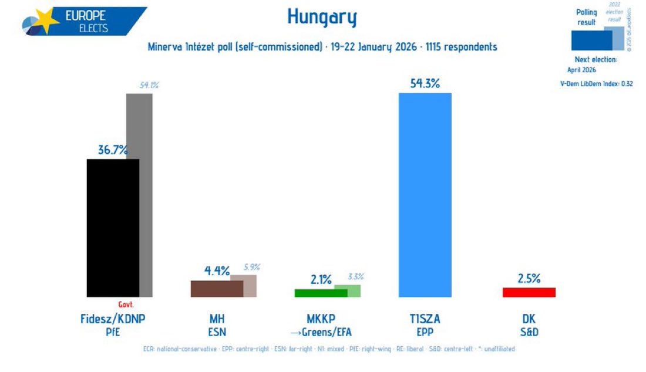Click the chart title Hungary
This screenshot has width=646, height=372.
click(x=322, y=18)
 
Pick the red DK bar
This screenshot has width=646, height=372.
click(x=529, y=292)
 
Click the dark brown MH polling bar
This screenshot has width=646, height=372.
click(x=216, y=289)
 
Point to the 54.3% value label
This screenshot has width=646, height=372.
click(x=425, y=83)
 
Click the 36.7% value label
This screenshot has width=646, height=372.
click(x=113, y=150)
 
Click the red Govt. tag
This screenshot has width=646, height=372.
click(x=126, y=305)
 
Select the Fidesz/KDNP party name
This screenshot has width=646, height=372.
click(x=113, y=319)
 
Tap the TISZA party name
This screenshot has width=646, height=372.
click(x=425, y=319)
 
